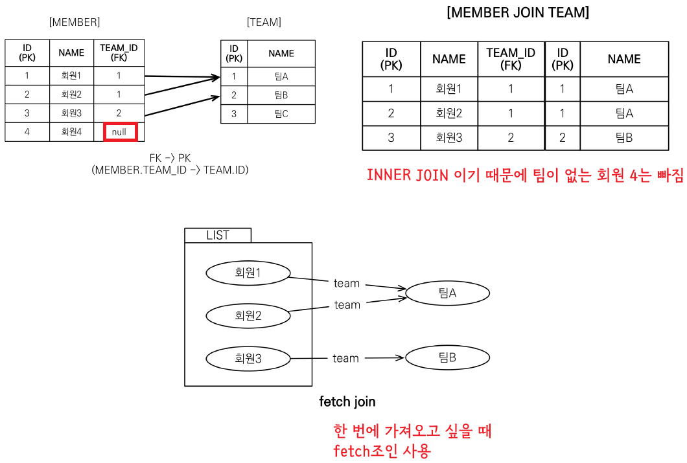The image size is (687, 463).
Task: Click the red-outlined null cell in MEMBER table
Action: pos(120,132)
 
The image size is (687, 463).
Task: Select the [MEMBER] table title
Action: pos(75,23)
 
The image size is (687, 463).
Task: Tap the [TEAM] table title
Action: pos(264,23)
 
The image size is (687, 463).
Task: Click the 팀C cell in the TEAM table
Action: pos(281,114)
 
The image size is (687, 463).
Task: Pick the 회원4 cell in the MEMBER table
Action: pos(71,132)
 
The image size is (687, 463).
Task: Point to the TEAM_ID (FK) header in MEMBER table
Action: pos(119,53)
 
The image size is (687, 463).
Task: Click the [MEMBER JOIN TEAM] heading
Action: pos(518,13)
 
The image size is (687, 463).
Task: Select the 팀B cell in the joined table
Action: pos(623,138)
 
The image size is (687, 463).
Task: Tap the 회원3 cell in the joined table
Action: pos(448,138)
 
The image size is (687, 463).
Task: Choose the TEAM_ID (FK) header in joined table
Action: pos(511,59)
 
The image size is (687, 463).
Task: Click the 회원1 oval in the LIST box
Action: pos(248,273)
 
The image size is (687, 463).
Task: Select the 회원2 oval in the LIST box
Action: pos(248,315)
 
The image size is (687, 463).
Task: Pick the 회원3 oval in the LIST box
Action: pos(248,358)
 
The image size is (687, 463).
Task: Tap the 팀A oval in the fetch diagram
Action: pos(447,293)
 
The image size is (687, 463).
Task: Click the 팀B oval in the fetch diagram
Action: pos(447,357)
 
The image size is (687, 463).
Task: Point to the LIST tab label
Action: pos(218,235)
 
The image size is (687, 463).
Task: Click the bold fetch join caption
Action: pos(347,401)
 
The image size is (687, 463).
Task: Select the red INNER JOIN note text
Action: pos(524,175)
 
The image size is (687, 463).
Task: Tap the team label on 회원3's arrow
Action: pos(345,358)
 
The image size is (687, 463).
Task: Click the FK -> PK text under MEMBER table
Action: pos(170,159)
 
